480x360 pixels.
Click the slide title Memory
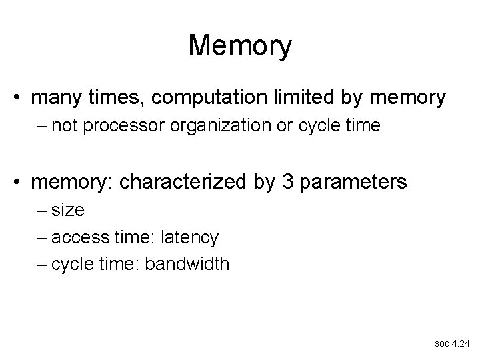pos(239,46)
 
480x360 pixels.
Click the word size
pos(67,210)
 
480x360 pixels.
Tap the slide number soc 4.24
pos(451,344)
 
